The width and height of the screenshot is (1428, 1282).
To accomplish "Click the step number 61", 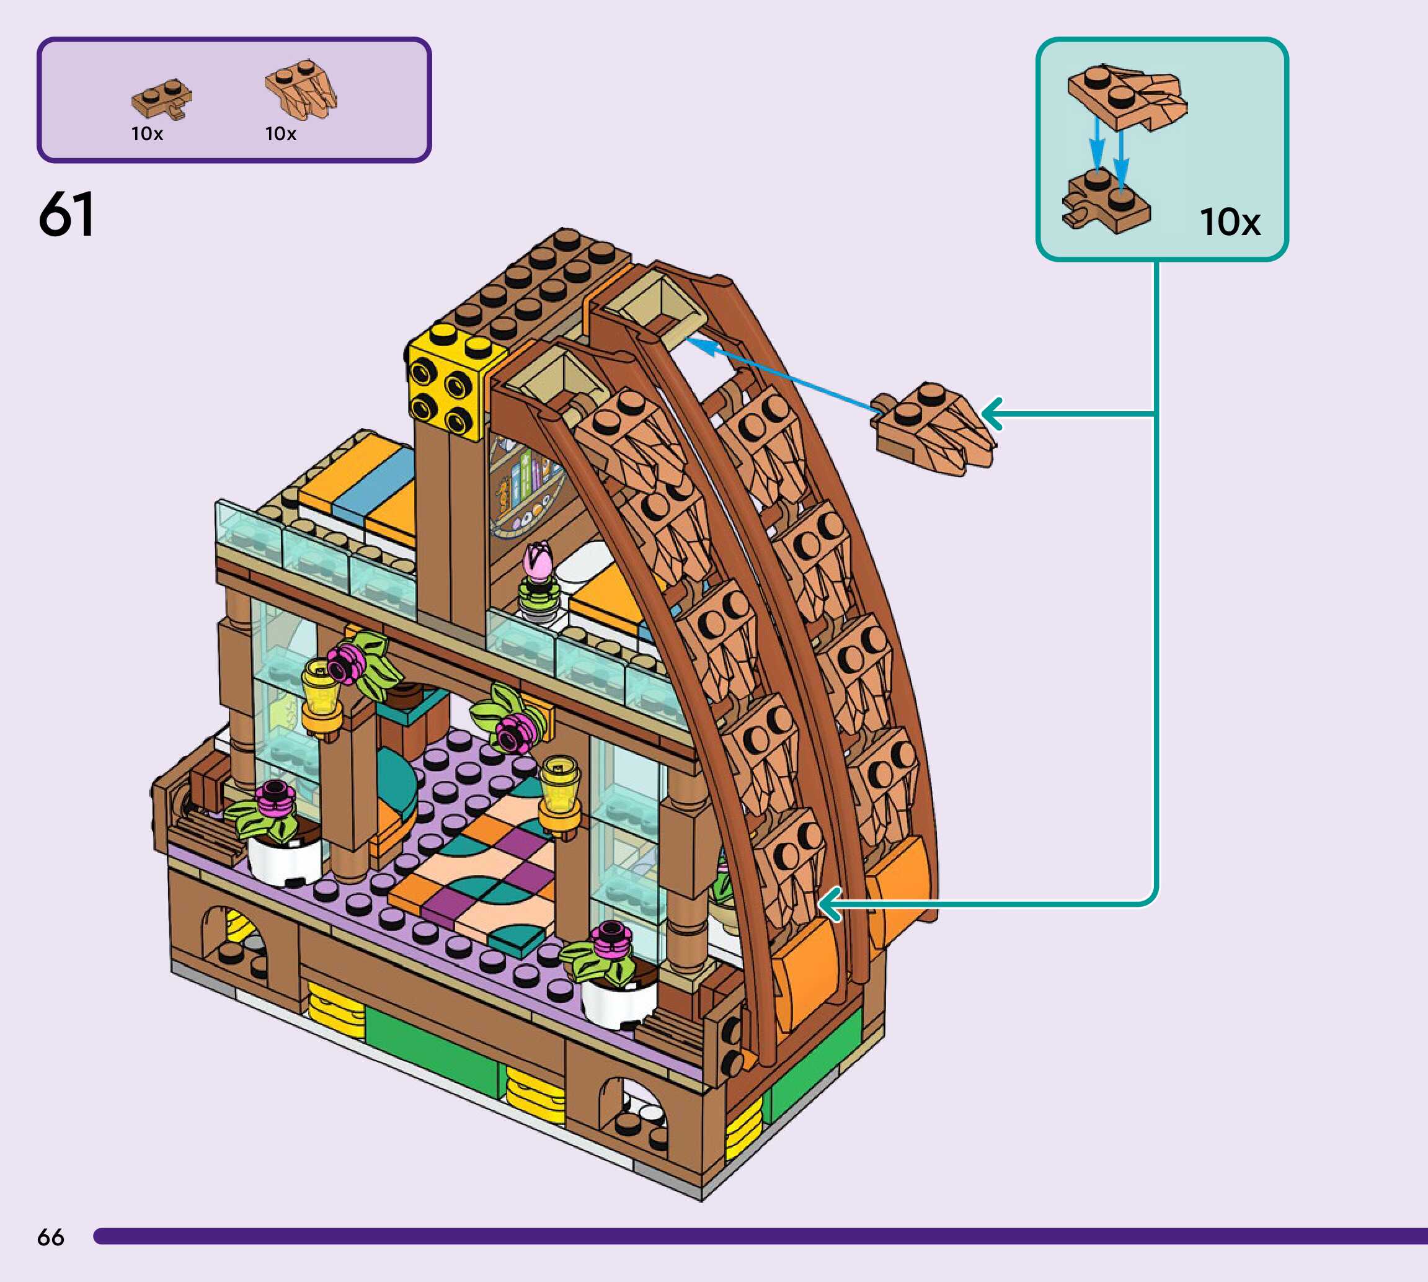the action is [x=66, y=214].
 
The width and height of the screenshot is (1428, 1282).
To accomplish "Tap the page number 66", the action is [x=51, y=1237].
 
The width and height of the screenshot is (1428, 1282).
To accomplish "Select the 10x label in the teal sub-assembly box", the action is [x=1230, y=222].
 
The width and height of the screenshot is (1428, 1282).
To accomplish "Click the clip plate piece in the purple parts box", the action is [x=161, y=100].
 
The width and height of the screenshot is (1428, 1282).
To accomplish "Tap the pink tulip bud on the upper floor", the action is [x=539, y=561].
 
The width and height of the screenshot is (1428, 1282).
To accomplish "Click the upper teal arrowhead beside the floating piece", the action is [x=991, y=414].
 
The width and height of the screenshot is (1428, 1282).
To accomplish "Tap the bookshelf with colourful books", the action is [x=525, y=479].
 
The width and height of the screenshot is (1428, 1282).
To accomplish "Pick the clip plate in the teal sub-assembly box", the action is [x=1106, y=202].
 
